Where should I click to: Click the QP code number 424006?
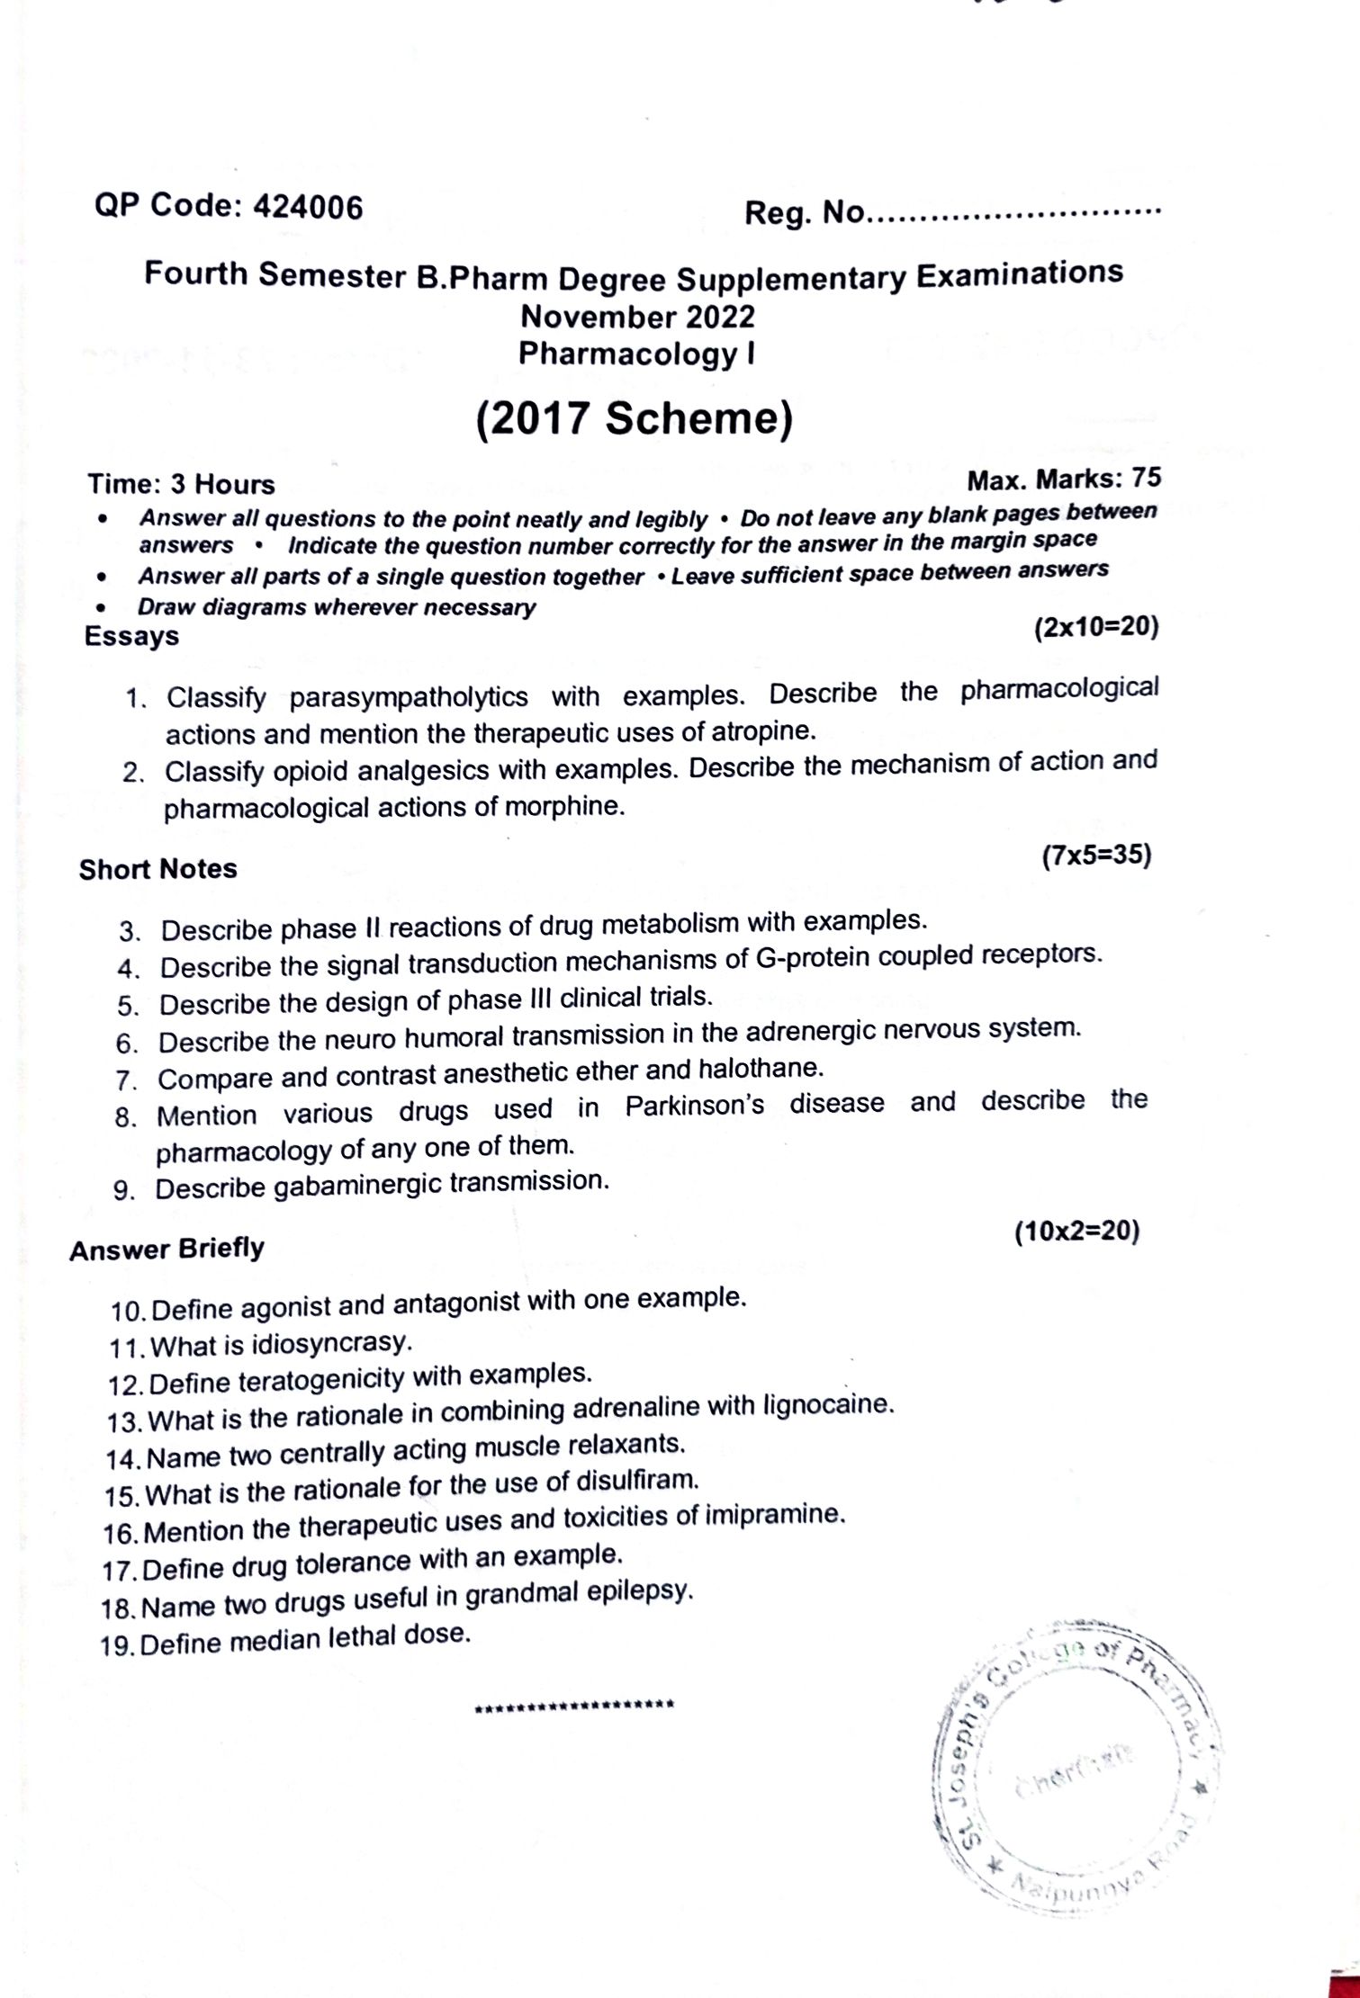[308, 208]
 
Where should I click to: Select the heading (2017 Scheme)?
[635, 418]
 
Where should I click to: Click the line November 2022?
[637, 317]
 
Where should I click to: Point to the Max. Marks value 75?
[1145, 478]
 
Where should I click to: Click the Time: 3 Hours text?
[181, 484]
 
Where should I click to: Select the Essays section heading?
[131, 636]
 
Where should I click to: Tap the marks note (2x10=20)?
[1095, 626]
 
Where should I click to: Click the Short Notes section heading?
[158, 869]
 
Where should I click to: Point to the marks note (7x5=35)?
[1096, 855]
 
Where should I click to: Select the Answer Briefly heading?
[167, 1250]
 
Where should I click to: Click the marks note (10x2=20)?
[1076, 1231]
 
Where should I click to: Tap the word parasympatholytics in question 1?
[409, 697]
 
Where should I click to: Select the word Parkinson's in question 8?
[694, 1106]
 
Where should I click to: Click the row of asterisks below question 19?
[574, 1705]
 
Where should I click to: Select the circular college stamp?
[1076, 1776]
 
